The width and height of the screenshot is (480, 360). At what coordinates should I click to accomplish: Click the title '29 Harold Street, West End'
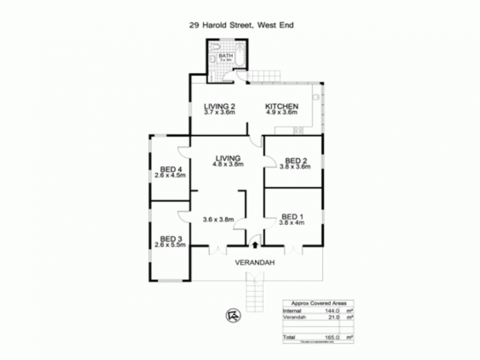point(240,27)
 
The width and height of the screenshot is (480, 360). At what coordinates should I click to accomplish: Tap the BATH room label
point(226,57)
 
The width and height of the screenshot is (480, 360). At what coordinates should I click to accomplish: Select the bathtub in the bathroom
point(239,57)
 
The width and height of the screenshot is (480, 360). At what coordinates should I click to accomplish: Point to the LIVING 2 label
point(218,106)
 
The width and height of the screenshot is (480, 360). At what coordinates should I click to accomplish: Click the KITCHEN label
point(281,106)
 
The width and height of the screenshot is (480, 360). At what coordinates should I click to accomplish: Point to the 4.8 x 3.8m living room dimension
point(227,164)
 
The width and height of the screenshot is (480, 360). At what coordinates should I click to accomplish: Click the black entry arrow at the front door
point(254,245)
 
